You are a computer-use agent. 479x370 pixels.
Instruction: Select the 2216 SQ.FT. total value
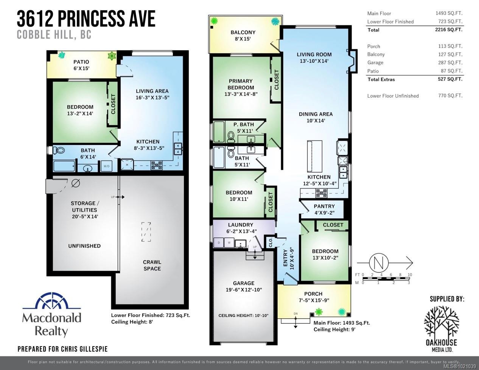tap(449, 30)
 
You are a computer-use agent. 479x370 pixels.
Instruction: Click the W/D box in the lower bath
tap(106, 166)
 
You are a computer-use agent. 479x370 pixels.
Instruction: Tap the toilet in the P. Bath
tap(231, 137)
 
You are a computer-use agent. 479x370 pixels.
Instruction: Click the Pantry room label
tap(324, 206)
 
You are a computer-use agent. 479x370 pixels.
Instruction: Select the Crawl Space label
tap(152, 265)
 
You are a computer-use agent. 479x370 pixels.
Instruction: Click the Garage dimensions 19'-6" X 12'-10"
tap(243, 290)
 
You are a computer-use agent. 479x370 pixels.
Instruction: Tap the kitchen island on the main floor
tap(314, 155)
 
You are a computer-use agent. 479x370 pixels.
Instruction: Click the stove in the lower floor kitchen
tap(157, 165)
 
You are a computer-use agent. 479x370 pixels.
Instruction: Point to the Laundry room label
tap(241, 225)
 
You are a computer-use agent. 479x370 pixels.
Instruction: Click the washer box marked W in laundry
tap(229, 243)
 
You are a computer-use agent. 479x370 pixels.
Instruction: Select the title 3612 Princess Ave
tap(86, 19)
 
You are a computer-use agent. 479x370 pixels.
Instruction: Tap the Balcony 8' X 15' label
tap(243, 36)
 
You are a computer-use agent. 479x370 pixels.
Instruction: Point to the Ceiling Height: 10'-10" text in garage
tap(243, 315)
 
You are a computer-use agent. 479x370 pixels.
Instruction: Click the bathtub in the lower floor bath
tap(64, 166)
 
